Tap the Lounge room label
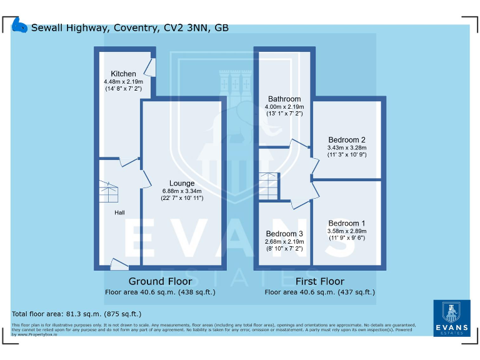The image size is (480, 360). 182,183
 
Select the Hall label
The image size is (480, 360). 119,212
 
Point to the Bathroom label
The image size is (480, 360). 284,99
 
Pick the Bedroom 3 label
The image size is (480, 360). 284,234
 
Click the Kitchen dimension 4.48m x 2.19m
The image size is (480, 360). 123,82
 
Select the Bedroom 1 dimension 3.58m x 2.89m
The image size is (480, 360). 347,231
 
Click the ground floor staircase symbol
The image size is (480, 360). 110,193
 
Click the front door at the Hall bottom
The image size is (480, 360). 117,265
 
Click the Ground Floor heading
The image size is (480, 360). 160,281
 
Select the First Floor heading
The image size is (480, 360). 319,281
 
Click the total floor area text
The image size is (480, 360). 77,314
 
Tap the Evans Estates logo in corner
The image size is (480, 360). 451,318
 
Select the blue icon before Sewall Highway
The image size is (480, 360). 21,27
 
